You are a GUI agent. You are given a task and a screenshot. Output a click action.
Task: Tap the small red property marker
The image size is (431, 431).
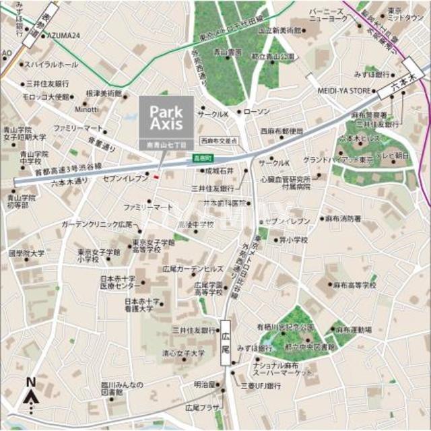[156, 177]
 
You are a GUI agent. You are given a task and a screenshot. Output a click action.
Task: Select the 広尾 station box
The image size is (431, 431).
[226, 342]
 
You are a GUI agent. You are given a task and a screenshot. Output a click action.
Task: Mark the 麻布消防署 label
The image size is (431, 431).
[343, 219]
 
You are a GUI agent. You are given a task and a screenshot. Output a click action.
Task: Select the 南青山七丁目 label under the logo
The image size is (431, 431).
[166, 144]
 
